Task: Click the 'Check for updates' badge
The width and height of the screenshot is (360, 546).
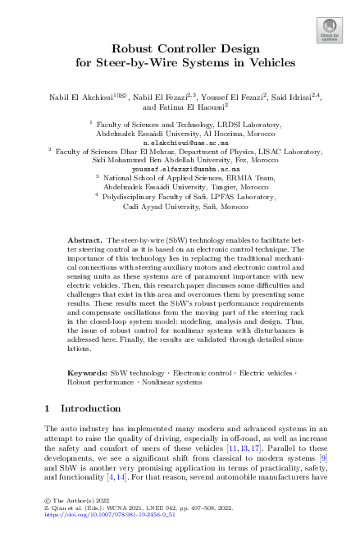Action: (329, 32)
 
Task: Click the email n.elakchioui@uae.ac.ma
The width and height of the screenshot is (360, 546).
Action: (179, 141)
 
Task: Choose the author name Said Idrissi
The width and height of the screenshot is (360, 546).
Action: (294, 97)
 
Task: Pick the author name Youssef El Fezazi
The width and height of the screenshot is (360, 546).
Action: (227, 97)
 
